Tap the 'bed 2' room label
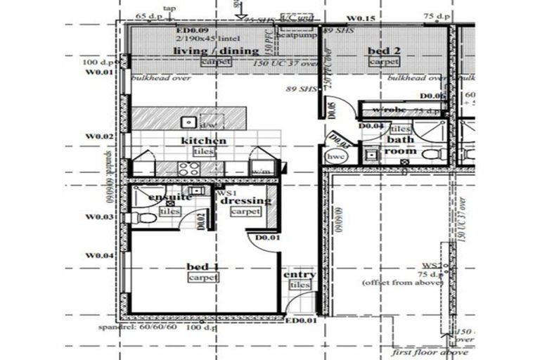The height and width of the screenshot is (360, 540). (384, 51)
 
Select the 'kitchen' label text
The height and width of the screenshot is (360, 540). (204, 141)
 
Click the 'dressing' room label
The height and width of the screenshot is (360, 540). (245, 200)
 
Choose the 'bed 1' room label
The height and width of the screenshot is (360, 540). (203, 266)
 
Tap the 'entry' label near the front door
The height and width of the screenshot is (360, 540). (299, 274)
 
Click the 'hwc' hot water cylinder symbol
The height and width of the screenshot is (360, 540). (336, 156)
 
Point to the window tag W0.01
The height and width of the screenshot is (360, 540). (100, 72)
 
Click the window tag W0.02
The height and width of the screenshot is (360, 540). (100, 136)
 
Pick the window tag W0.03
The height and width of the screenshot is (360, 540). (100, 217)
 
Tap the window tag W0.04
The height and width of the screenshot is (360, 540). (100, 255)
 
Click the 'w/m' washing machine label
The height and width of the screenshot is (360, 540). (261, 171)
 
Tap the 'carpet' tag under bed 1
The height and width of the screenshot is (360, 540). (203, 278)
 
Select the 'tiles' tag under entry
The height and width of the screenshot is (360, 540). (300, 285)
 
